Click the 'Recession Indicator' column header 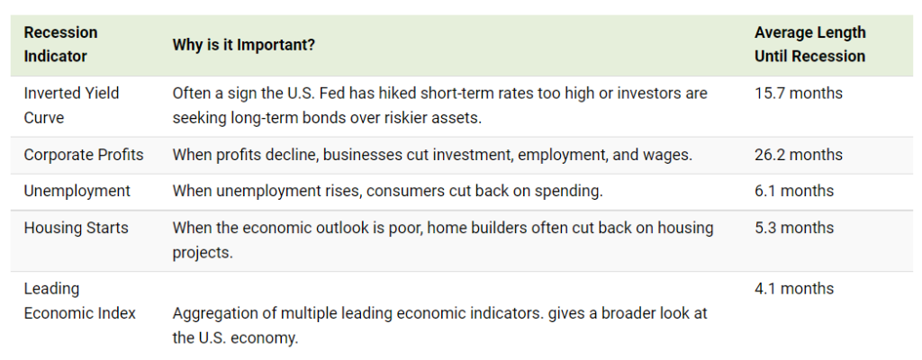(x=60, y=44)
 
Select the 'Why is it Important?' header (x=243, y=45)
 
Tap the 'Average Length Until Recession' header (x=809, y=44)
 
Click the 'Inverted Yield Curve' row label (x=71, y=105)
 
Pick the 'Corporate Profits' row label (x=84, y=155)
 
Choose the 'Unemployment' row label (x=77, y=191)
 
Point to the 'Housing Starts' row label (x=76, y=229)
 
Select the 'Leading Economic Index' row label (x=79, y=301)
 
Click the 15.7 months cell (x=799, y=93)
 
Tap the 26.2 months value (x=799, y=155)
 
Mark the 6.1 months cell (x=794, y=191)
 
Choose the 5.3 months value (x=794, y=228)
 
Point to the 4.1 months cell (x=794, y=289)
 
